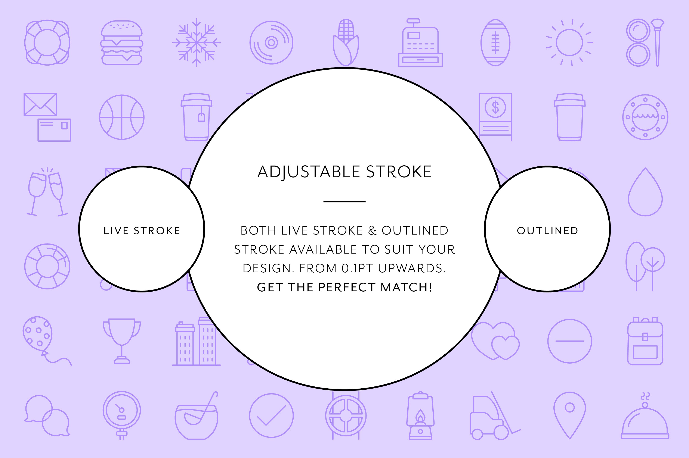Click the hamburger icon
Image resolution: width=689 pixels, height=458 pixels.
122,42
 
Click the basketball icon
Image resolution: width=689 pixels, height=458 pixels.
122,117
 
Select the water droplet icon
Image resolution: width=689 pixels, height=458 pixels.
645,192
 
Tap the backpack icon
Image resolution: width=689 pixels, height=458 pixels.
645,341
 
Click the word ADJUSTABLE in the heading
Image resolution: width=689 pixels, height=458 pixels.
308,172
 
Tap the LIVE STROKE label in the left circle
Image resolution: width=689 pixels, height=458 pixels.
142,231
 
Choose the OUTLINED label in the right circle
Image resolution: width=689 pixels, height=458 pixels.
547,231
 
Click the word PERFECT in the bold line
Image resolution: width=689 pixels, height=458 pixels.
347,287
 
